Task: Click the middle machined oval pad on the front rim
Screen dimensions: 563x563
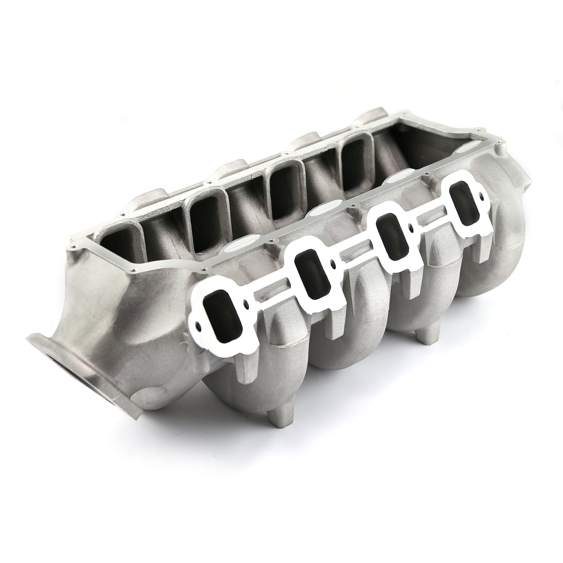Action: [319, 212]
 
